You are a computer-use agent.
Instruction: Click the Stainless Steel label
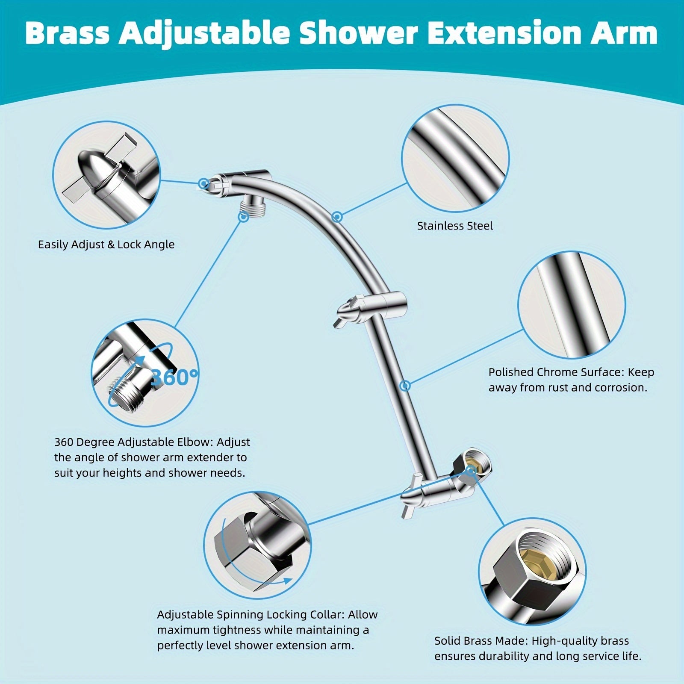(x=455, y=226)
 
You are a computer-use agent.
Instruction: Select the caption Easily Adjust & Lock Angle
(x=106, y=245)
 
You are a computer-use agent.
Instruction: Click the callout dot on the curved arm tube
(x=337, y=217)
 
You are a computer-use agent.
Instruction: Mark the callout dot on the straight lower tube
(x=405, y=386)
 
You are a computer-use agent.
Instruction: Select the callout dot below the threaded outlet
(x=243, y=217)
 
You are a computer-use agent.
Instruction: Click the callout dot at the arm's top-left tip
(x=204, y=184)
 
